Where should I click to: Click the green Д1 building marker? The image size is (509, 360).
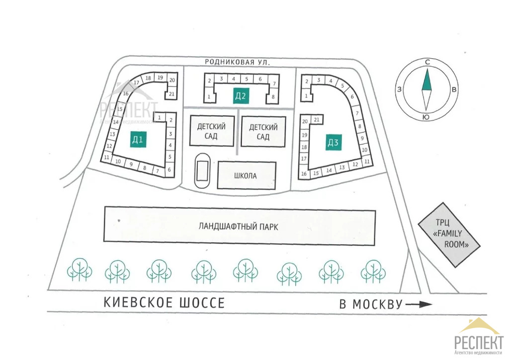coord(138,140)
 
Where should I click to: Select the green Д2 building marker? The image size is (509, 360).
coord(241,96)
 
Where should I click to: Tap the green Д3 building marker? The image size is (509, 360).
coord(333,143)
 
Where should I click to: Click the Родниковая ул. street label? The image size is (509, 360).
coord(238,62)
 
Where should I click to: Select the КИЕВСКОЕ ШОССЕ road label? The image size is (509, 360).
coord(165,302)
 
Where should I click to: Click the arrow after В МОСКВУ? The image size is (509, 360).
coord(419,304)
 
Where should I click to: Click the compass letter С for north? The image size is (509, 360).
coord(427,62)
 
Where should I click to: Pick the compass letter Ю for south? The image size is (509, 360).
coord(426,117)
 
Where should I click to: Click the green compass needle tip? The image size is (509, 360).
coord(426,72)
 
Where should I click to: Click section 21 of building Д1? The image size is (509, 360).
coord(171,94)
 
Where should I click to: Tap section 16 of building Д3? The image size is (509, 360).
coord(304,174)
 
